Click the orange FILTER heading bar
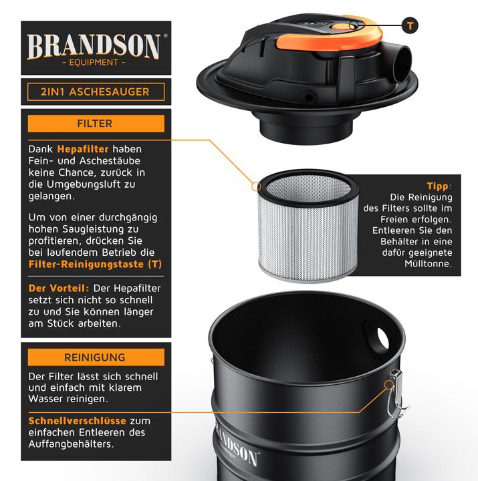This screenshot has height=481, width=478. click(x=96, y=124)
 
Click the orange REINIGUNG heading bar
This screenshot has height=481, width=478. click(x=96, y=357)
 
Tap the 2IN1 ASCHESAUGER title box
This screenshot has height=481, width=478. click(x=96, y=92)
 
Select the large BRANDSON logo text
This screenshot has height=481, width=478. click(x=94, y=46)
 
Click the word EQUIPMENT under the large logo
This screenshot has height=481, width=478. click(x=94, y=62)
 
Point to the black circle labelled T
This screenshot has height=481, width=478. click(x=410, y=25)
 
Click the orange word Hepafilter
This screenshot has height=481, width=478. click(x=83, y=149)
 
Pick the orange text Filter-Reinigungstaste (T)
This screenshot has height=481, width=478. click(x=95, y=264)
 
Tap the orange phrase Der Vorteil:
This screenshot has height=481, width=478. click(x=59, y=288)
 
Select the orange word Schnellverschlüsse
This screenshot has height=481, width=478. click(x=77, y=421)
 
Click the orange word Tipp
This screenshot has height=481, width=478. click(x=438, y=186)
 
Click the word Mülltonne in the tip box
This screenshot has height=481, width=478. click(x=428, y=263)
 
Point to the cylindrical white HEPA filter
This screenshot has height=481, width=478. click(x=308, y=226)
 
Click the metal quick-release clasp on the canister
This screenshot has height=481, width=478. click(x=396, y=394)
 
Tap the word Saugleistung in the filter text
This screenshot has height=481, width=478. click(x=101, y=229)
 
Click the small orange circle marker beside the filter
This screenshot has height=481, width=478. click(x=256, y=186)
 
